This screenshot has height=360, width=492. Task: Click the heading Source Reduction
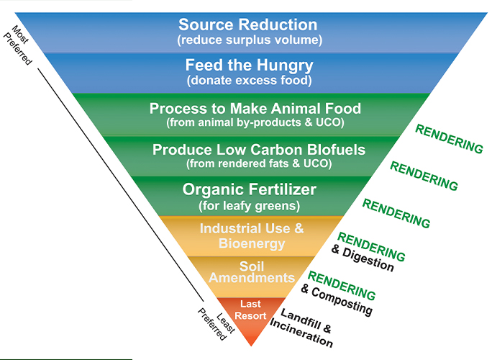(248, 24)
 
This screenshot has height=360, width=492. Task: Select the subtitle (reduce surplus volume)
(250, 40)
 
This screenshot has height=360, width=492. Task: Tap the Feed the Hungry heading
(249, 66)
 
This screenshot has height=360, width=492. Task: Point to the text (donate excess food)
(250, 81)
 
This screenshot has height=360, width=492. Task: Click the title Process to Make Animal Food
(255, 109)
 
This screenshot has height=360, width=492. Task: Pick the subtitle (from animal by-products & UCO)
(255, 122)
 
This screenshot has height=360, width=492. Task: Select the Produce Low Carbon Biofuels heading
(259, 150)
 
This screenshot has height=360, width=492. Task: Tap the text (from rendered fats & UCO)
(259, 163)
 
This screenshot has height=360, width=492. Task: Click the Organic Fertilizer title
(250, 190)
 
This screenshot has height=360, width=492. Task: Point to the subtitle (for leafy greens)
(250, 206)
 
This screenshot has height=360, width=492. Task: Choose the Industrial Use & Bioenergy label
(252, 236)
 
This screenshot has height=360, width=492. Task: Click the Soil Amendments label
(252, 272)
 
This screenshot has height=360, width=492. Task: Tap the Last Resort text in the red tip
(250, 310)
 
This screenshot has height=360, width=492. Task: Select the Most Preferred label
(18, 45)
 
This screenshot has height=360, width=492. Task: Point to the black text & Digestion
(363, 258)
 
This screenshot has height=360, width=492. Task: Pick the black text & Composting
(337, 300)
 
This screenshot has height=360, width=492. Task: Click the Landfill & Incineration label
(301, 328)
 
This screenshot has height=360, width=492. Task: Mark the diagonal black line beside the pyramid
(121, 185)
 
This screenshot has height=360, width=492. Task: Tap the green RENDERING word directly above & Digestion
(371, 246)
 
